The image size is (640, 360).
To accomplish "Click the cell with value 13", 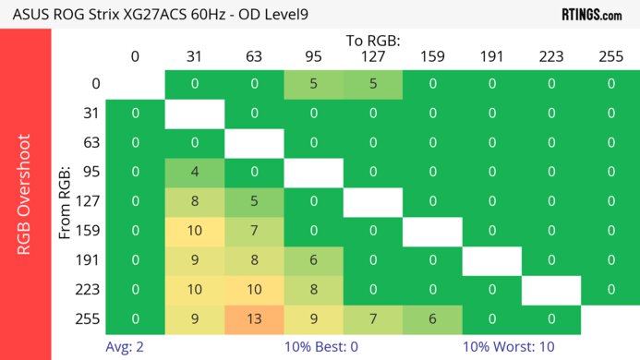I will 254,319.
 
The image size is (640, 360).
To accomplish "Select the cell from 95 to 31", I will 195,172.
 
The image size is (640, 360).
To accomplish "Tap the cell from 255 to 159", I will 432,319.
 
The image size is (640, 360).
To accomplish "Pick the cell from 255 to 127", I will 373,319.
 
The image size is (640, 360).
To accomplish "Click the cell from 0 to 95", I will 313,84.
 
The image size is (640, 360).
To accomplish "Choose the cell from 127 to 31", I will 195,201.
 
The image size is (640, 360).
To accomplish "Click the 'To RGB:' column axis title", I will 373,41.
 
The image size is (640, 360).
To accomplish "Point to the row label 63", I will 91,143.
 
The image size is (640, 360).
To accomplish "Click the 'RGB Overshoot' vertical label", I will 25,194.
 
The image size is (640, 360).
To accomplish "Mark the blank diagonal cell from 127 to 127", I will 373,201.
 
